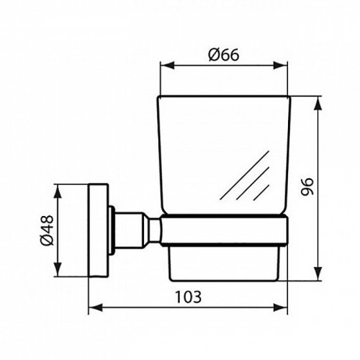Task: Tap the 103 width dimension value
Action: coord(189,296)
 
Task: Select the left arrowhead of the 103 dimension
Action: coord(93,307)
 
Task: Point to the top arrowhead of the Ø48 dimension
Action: coord(59,187)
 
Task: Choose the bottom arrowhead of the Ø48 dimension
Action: coord(59,271)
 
